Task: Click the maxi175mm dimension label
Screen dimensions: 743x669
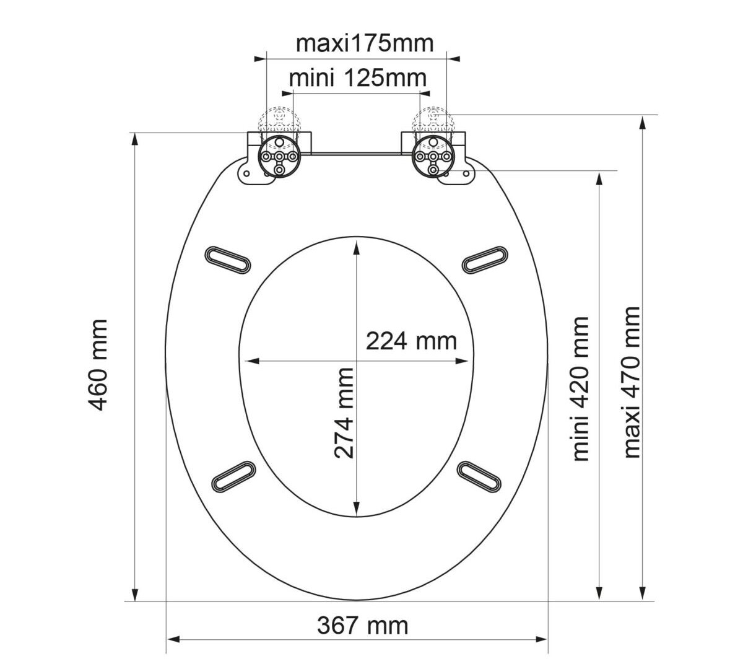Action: tap(365, 44)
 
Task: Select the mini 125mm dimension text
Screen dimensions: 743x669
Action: tap(358, 78)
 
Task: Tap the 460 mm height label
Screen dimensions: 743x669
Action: tap(98, 365)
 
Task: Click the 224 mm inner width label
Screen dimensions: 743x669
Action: tap(411, 341)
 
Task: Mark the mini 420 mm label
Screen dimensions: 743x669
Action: tap(580, 389)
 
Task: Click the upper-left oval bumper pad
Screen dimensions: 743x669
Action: tap(227, 260)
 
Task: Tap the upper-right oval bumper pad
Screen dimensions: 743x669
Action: tap(485, 260)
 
